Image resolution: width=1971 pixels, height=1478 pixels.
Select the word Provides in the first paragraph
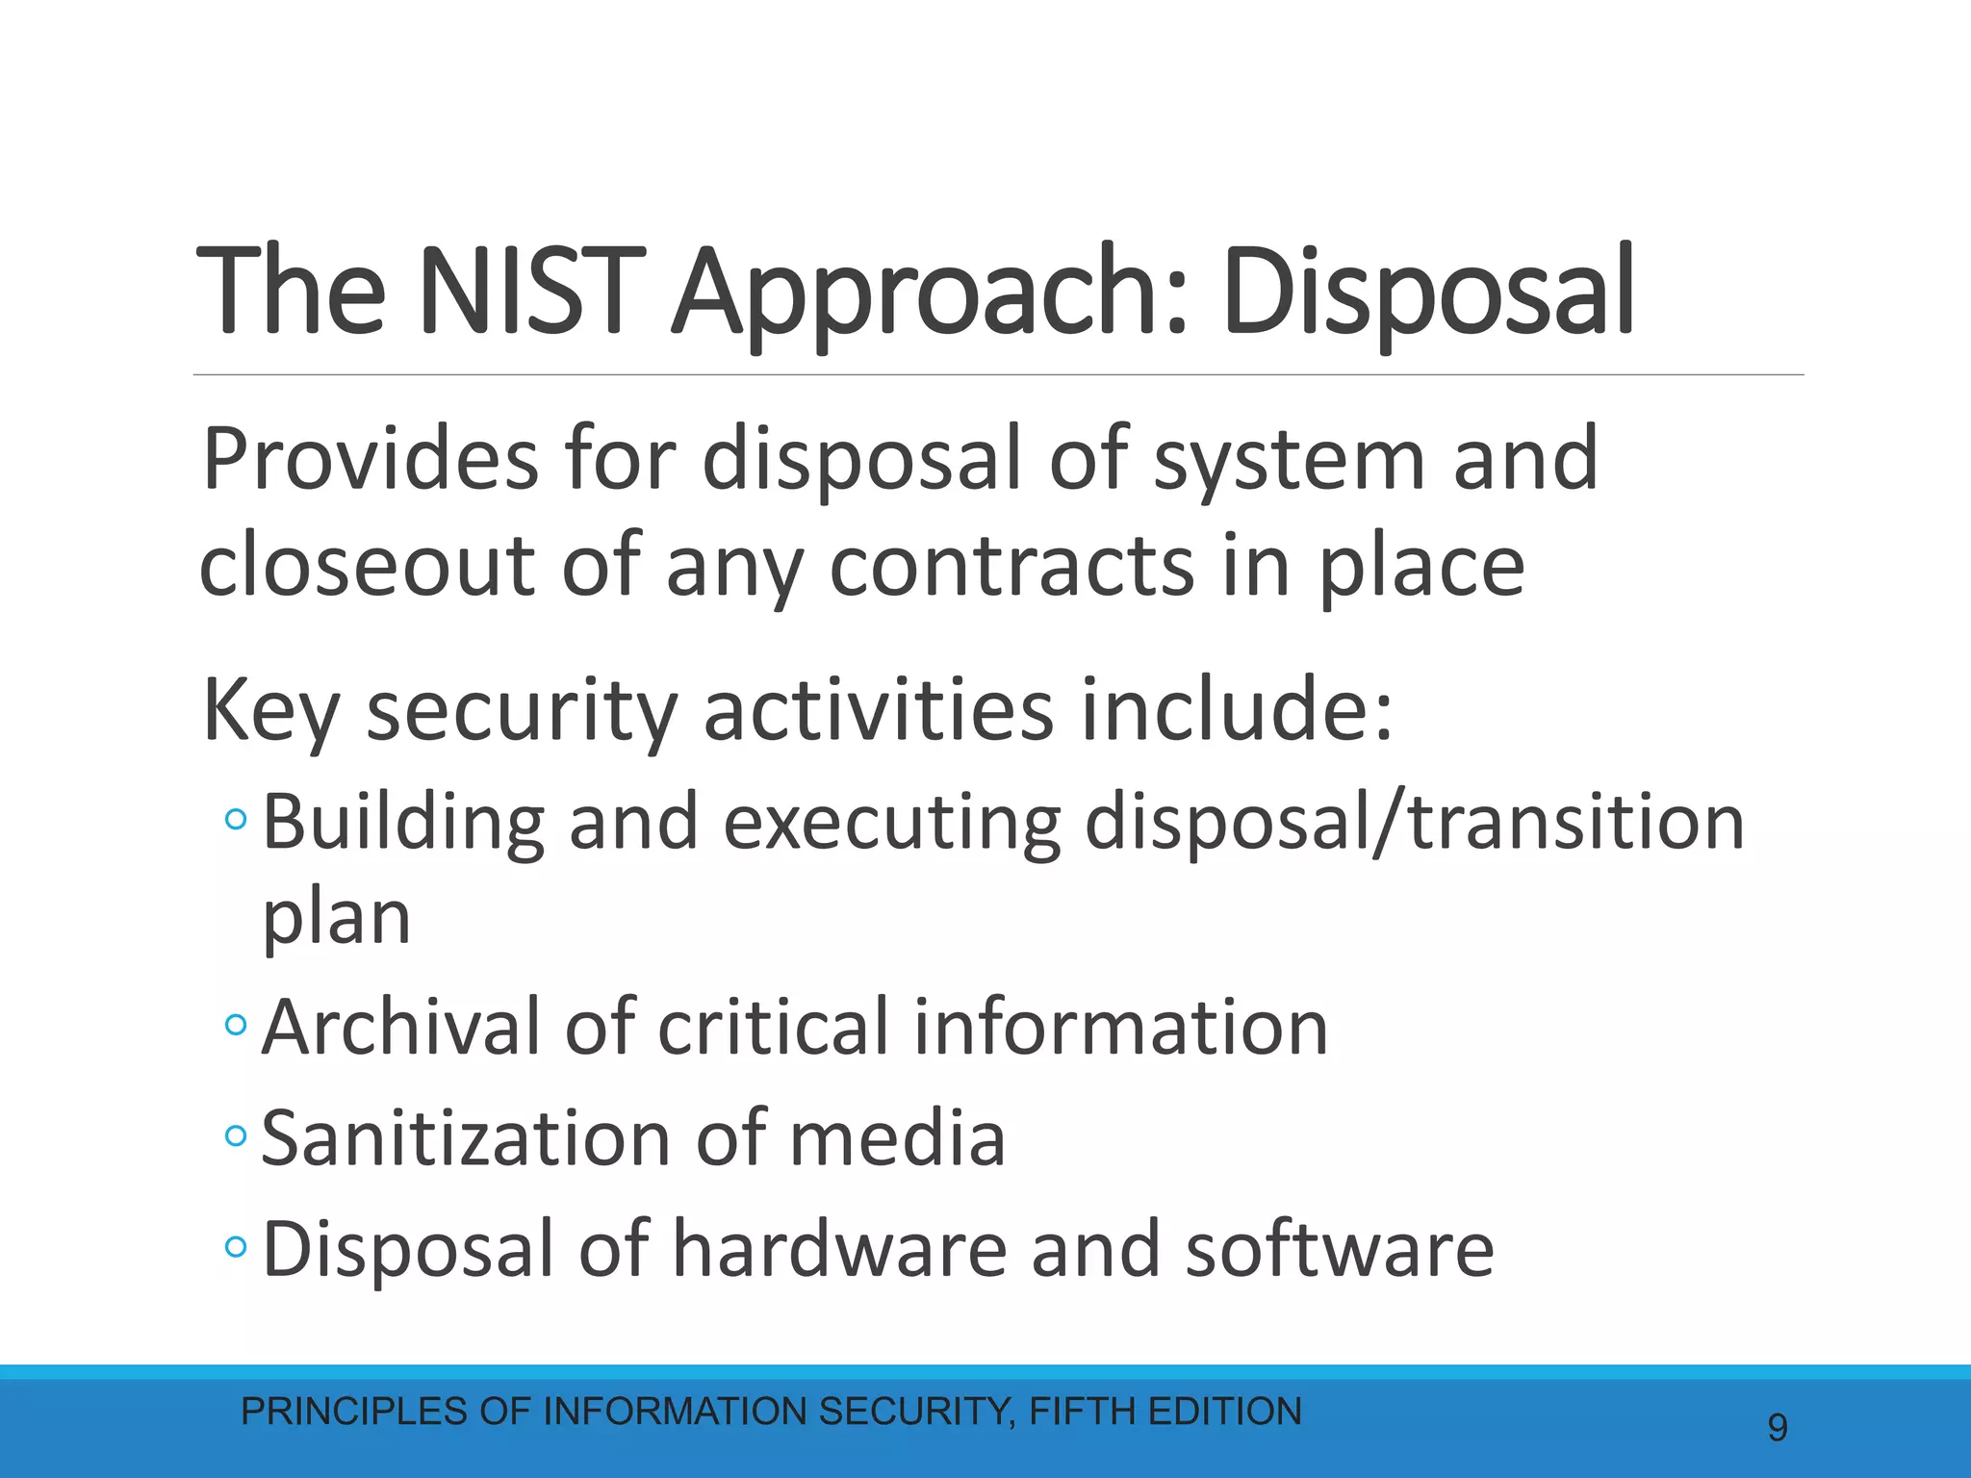370,460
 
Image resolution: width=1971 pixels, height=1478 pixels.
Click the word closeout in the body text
366,566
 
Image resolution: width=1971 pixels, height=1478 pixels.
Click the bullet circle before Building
235,821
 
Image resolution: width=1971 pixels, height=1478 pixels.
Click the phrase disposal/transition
1414,824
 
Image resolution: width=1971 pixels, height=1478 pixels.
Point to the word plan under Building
336,919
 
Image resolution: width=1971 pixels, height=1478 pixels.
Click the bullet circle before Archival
235,1026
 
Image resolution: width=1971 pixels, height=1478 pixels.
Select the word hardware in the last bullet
838,1249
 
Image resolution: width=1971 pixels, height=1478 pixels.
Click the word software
1339,1249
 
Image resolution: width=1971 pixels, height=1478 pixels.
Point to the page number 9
1778,1427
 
